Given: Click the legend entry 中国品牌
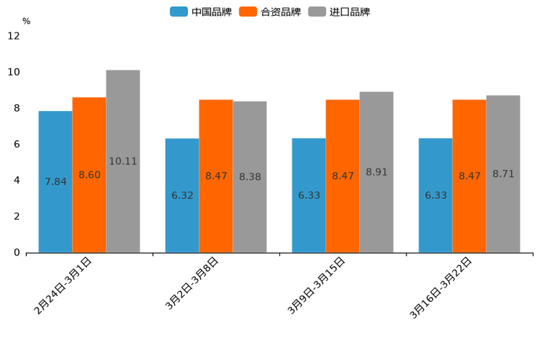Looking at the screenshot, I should (201, 12).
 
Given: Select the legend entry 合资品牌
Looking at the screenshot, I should (270, 12).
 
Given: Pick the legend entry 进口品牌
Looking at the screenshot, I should (340, 12).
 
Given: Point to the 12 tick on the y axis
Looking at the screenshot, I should (14, 36).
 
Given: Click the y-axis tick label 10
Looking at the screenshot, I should (14, 73).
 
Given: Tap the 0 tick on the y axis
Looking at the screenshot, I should (17, 253).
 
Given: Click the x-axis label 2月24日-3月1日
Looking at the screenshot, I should (63, 285).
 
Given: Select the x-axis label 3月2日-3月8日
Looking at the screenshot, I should (192, 284).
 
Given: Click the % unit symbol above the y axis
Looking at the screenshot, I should (26, 21).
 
